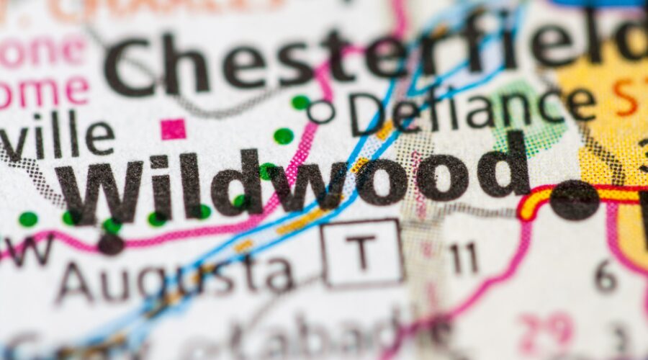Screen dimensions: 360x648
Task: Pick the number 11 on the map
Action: click(464, 258)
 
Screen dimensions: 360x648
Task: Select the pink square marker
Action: click(173, 129)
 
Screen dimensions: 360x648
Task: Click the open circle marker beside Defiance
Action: click(320, 111)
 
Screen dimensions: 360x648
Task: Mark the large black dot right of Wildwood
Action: click(575, 200)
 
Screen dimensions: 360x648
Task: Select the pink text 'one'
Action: click(43, 50)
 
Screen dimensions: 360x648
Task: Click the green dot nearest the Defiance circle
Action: click(300, 102)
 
